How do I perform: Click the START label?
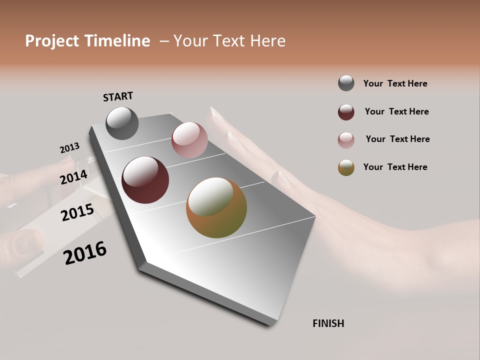point(118,96)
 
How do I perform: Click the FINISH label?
point(328,323)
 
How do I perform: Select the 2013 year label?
point(69,148)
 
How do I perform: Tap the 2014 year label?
point(74,177)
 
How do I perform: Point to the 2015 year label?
point(77,212)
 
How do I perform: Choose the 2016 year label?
point(85,253)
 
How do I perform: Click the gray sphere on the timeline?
point(122,123)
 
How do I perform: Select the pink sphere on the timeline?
point(189,139)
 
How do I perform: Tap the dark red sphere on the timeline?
point(145,180)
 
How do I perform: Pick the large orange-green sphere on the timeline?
point(216,207)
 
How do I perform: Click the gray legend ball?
point(346,83)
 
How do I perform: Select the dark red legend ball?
point(346,112)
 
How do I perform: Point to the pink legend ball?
point(346,140)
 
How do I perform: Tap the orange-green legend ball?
point(346,167)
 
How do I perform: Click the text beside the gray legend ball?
point(395,84)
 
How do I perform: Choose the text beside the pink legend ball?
point(397,139)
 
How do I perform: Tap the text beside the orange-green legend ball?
point(395,167)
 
